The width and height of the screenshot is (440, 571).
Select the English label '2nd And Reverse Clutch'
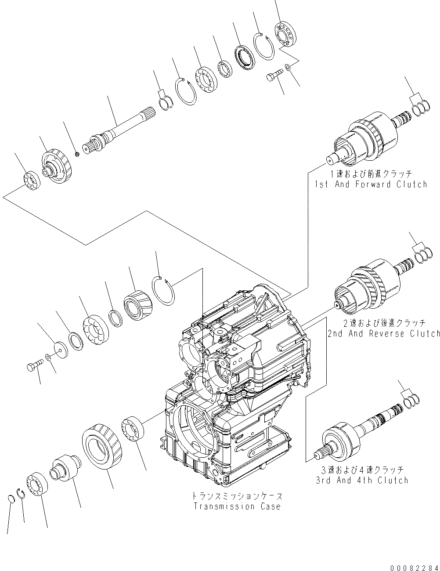click(x=383, y=333)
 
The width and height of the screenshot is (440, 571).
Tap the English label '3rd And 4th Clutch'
click(x=362, y=480)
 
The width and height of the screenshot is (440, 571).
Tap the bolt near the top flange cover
click(x=275, y=78)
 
